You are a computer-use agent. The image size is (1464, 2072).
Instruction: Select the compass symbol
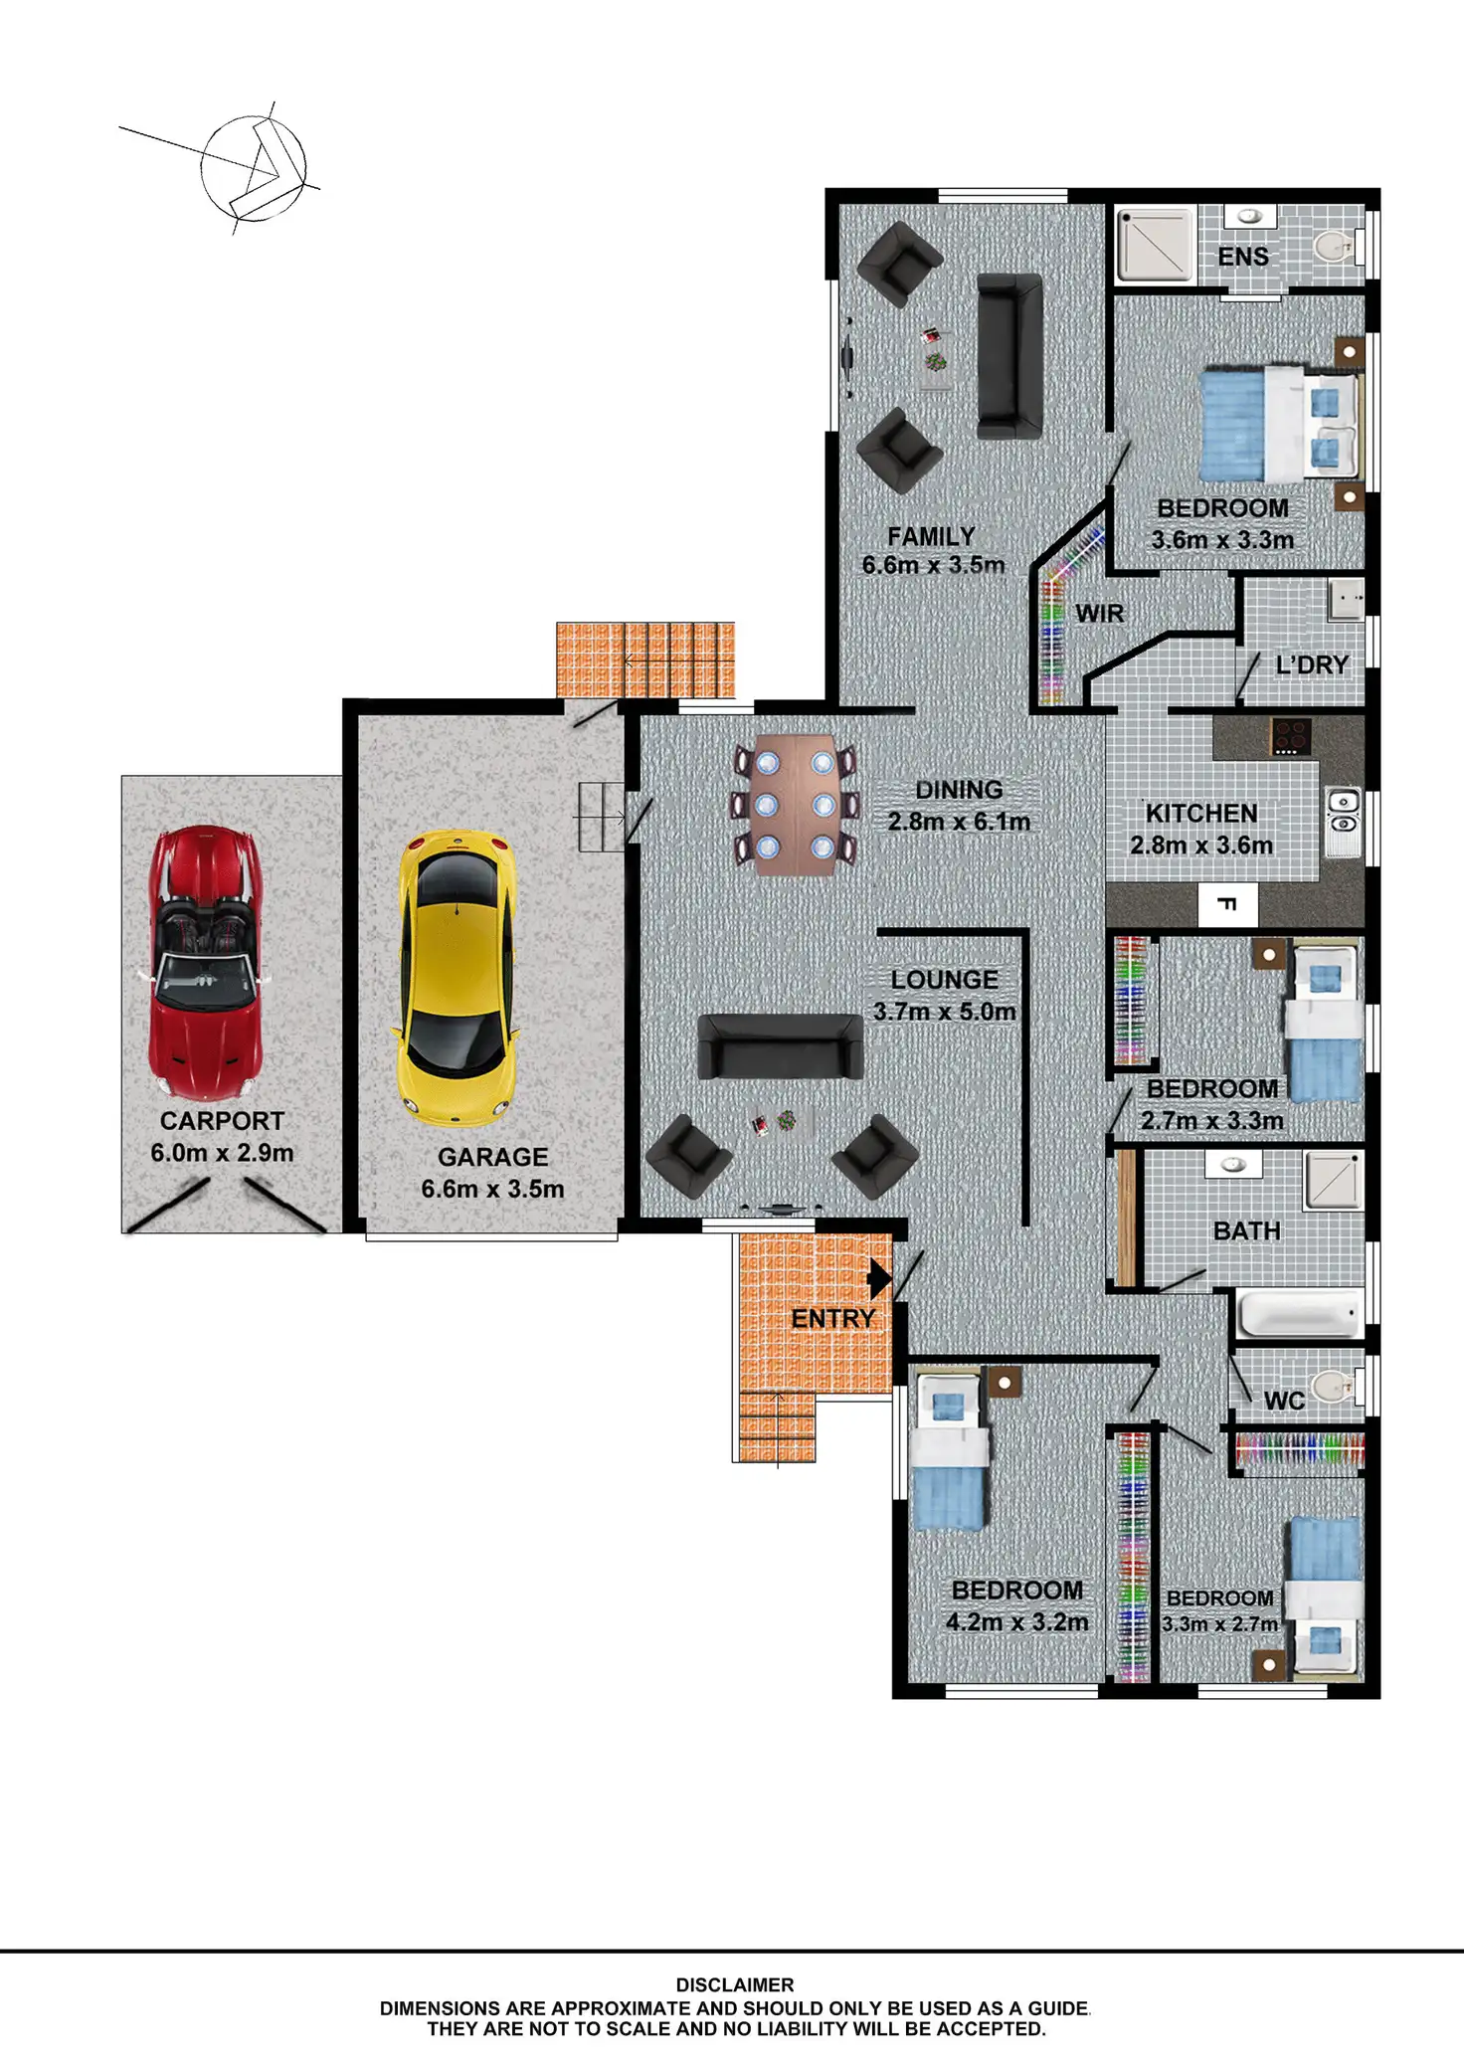(x=253, y=168)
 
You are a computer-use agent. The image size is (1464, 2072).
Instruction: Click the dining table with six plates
(x=795, y=805)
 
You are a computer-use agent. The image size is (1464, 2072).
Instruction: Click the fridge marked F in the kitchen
(x=1228, y=905)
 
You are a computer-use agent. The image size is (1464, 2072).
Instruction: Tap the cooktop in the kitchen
(x=1291, y=737)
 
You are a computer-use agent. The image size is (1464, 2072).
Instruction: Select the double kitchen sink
(x=1343, y=812)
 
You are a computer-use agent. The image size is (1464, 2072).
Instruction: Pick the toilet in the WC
(x=1333, y=1384)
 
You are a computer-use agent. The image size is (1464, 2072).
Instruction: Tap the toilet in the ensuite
(x=1333, y=245)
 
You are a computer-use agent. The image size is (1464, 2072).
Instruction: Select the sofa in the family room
(x=1009, y=356)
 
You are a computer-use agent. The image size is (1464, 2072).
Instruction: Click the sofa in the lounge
(x=780, y=1046)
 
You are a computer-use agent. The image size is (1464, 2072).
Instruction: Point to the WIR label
(x=1100, y=614)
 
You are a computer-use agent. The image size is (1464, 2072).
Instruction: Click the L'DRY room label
(x=1312, y=664)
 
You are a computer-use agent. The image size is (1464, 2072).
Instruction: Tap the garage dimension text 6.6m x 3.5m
(x=492, y=1189)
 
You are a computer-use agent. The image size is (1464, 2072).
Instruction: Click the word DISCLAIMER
(x=735, y=1984)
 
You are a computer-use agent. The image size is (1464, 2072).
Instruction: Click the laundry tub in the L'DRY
(x=1346, y=601)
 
